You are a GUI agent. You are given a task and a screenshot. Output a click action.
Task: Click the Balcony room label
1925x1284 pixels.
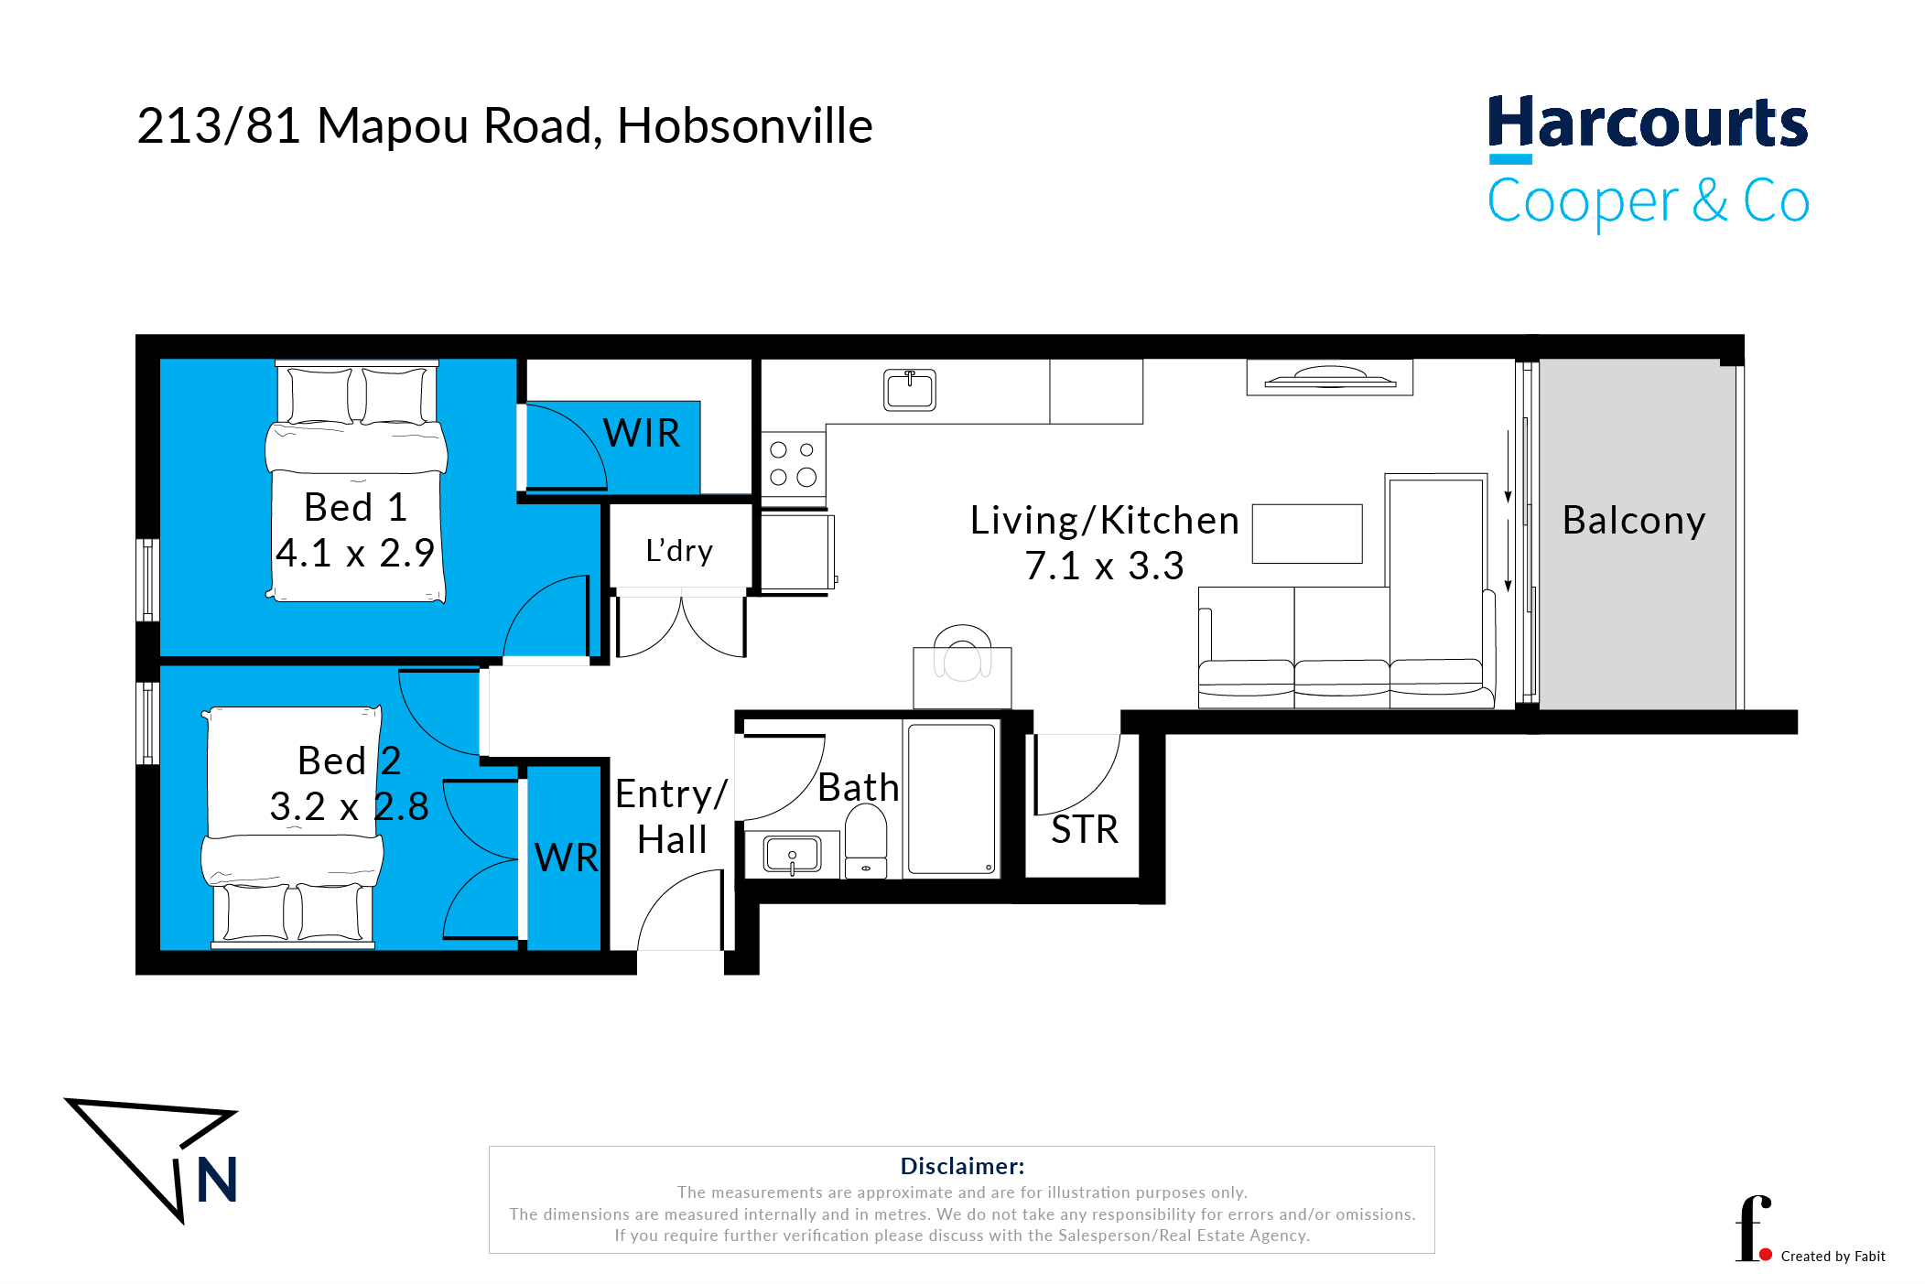1634,522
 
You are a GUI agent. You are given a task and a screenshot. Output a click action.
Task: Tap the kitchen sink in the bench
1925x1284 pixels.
910,390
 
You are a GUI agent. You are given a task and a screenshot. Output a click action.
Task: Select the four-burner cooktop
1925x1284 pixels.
794,464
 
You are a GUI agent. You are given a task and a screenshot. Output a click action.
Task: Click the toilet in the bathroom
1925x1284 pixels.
866,841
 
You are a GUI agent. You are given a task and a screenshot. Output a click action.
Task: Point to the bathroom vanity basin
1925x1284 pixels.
792,855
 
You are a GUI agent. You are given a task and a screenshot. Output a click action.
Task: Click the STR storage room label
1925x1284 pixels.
1085,830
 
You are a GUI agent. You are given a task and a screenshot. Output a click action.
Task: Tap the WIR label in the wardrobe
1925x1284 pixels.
642,433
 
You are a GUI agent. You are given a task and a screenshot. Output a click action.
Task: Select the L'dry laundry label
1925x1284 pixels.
679,550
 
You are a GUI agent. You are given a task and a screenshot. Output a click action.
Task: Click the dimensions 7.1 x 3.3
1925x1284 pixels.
1105,566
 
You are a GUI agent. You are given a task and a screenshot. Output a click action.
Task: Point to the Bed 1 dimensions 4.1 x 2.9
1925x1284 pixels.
355,553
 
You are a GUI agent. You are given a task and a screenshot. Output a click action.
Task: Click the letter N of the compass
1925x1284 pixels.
218,1180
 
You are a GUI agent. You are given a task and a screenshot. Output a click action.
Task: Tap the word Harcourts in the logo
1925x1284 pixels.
1648,123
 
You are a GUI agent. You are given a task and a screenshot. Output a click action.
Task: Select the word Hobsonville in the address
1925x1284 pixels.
745,125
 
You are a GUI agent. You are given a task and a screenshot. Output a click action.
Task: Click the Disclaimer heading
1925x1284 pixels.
962,1166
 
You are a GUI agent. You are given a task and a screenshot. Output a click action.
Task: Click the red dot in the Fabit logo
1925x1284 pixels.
1766,1255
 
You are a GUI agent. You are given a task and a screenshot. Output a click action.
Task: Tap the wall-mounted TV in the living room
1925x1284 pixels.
1330,377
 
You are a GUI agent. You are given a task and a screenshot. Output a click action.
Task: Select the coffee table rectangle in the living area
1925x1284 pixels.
1307,534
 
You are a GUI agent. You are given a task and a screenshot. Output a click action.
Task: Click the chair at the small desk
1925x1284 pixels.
962,653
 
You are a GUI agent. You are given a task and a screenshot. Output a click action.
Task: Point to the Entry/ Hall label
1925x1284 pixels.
672,816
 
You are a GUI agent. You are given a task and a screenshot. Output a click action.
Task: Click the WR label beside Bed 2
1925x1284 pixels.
567,858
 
